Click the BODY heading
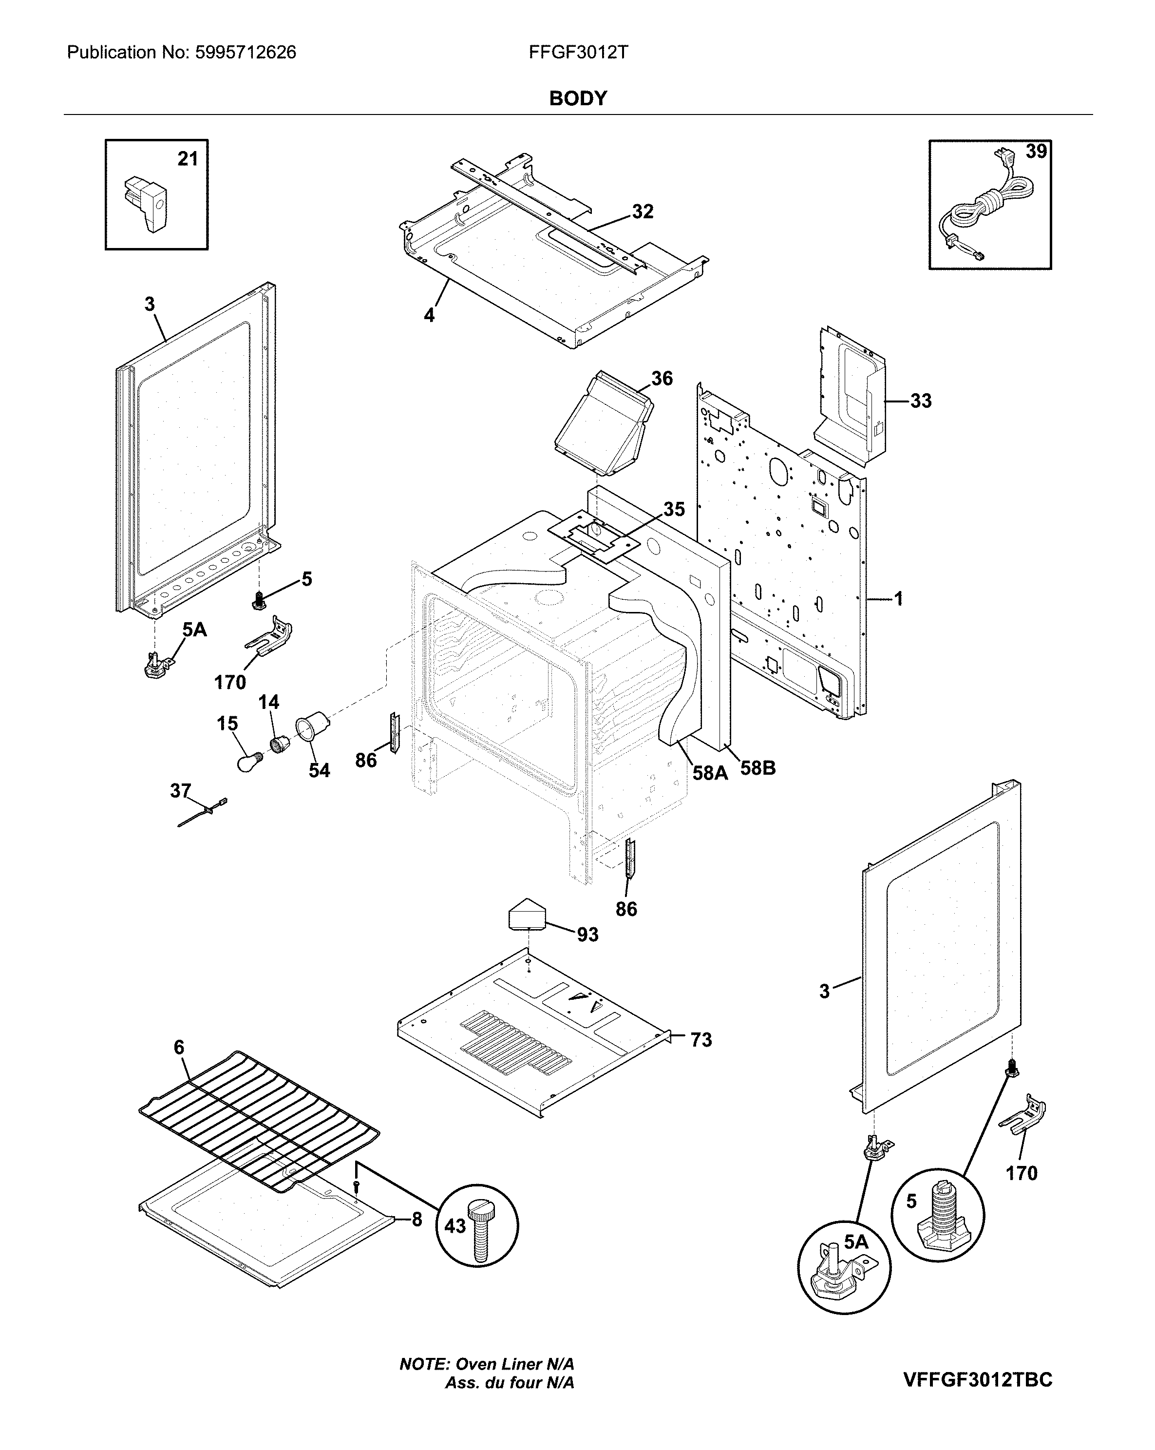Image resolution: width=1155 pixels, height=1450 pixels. click(x=578, y=98)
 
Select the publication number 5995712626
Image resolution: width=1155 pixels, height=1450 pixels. click(x=246, y=53)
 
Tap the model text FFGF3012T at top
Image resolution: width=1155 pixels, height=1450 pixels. click(x=578, y=53)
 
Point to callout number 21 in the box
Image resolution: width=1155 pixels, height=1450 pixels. click(x=188, y=159)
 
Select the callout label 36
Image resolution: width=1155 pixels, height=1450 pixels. click(x=662, y=379)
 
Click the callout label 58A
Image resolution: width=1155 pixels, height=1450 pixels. click(x=710, y=773)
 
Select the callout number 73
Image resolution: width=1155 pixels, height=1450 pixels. click(x=701, y=1040)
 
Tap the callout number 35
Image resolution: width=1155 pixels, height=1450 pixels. click(x=674, y=509)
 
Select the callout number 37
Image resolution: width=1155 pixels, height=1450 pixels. click(x=180, y=790)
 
